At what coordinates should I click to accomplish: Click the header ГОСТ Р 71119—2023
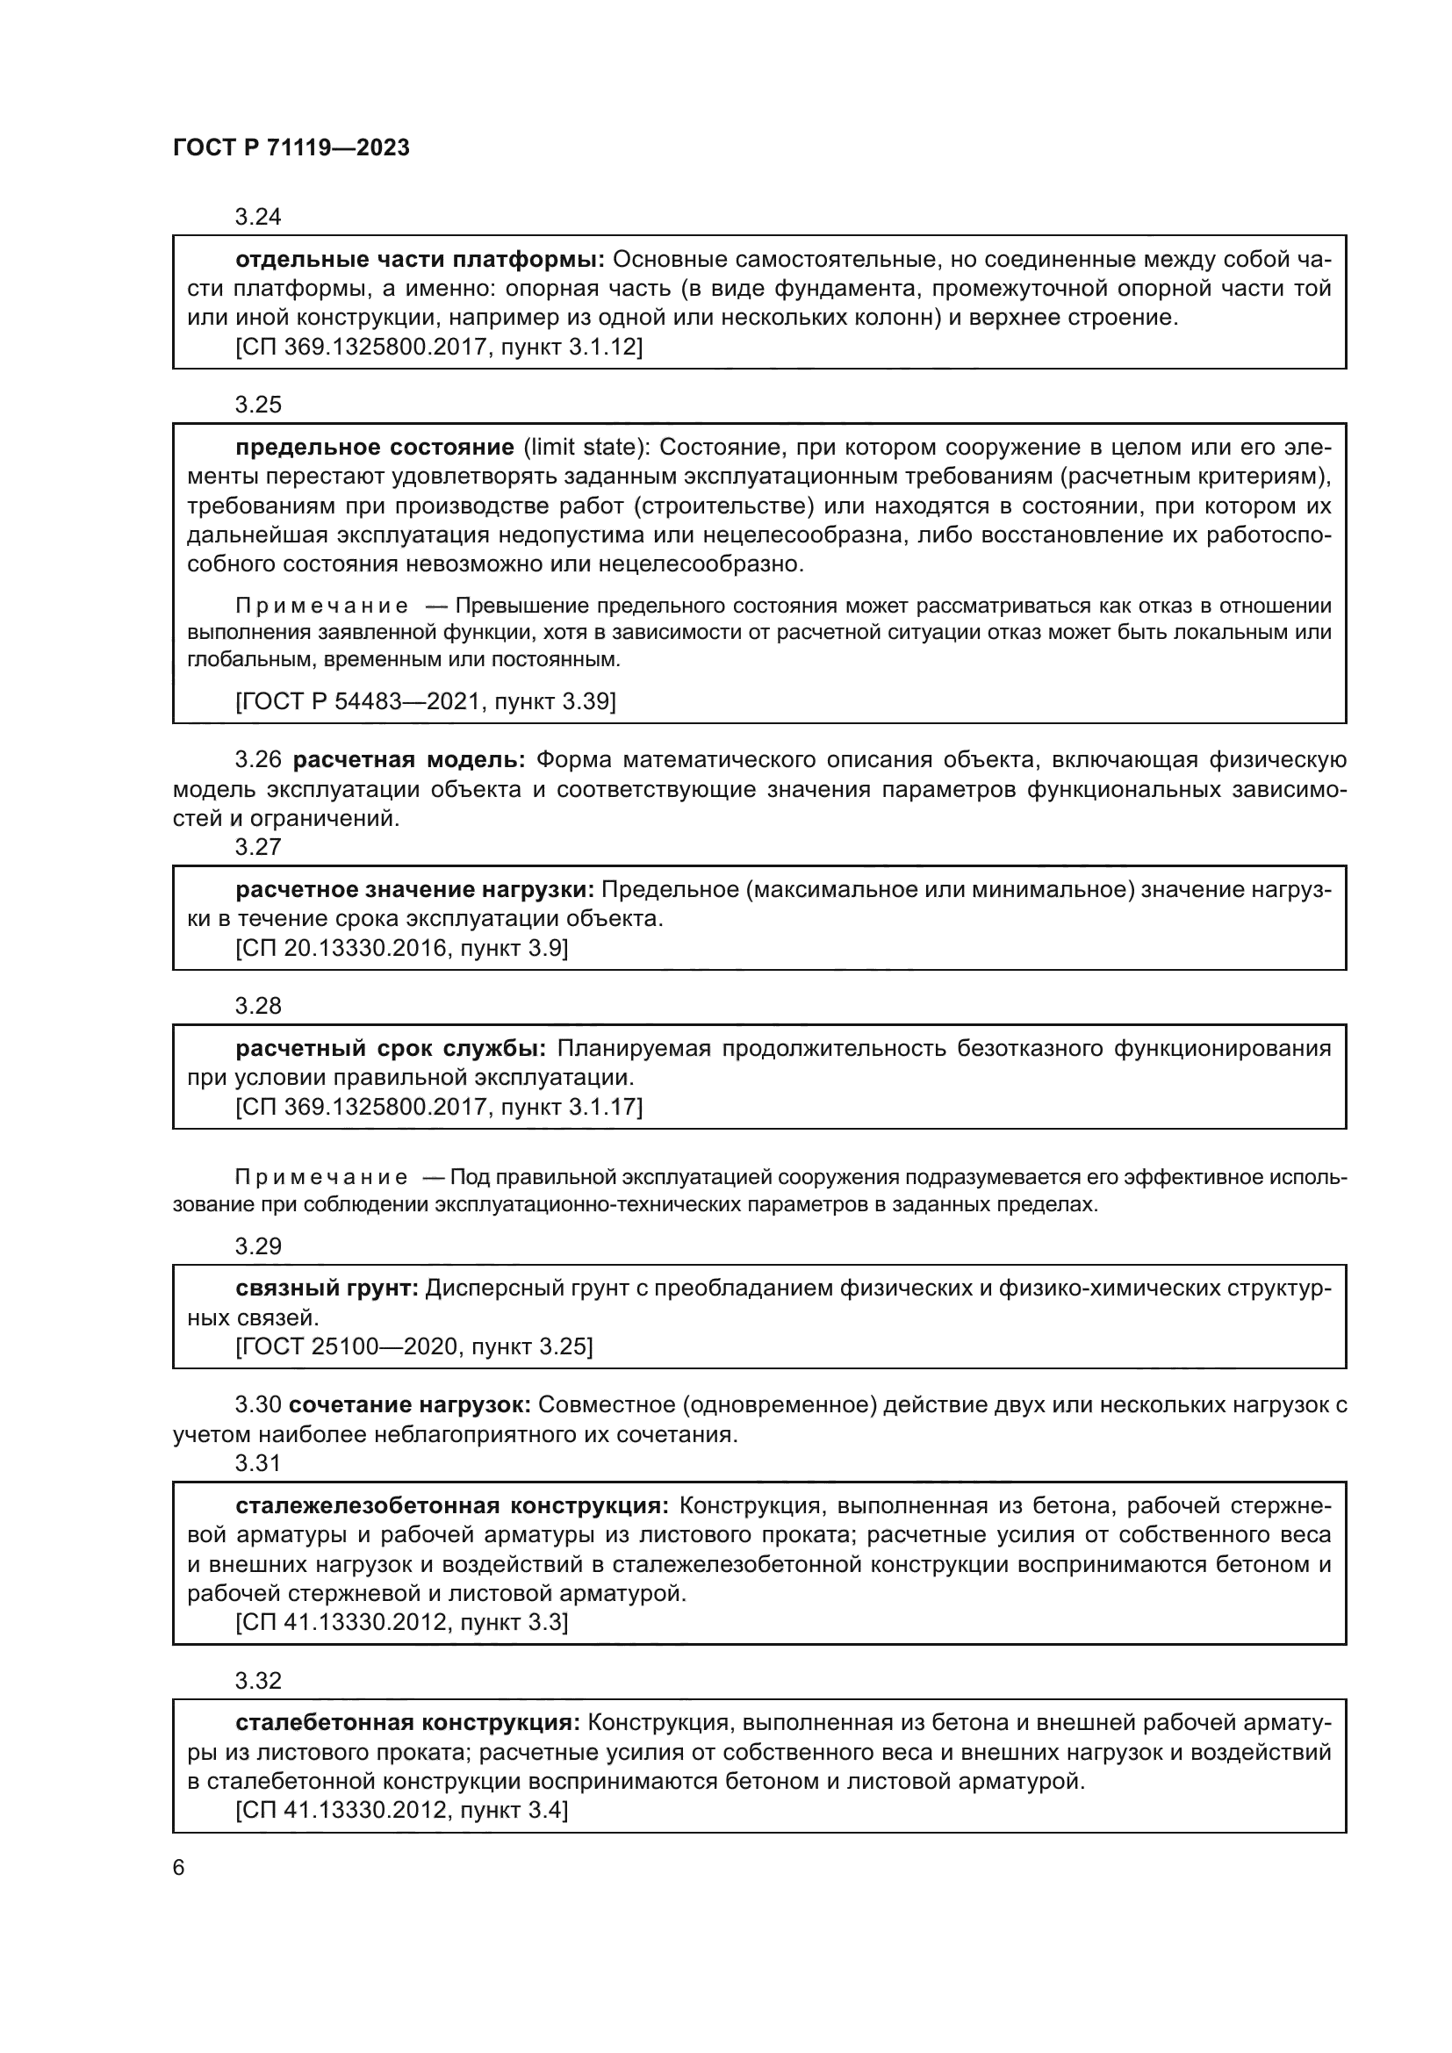coord(291,148)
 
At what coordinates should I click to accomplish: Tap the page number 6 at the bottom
coord(179,1867)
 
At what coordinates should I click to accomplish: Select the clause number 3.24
coord(257,217)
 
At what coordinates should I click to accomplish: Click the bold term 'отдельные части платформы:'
coord(421,260)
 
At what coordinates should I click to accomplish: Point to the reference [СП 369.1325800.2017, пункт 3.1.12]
coord(438,347)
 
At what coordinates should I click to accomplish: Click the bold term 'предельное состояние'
coord(375,448)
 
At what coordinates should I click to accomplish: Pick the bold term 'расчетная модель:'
coord(409,760)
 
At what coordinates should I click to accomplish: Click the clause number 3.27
coord(257,847)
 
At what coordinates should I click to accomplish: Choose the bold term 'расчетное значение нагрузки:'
coord(415,890)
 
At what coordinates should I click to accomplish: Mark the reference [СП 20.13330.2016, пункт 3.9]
coord(401,948)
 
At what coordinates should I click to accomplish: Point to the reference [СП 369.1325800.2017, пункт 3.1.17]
coord(438,1107)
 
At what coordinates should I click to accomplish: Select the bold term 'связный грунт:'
coord(327,1289)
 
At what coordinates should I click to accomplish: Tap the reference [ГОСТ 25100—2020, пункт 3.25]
coord(414,1346)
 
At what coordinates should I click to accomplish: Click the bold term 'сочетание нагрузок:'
coord(409,1404)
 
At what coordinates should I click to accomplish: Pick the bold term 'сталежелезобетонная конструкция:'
coord(451,1506)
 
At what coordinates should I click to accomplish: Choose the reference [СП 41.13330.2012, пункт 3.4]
coord(401,1811)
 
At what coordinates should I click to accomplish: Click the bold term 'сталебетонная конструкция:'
coord(407,1723)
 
